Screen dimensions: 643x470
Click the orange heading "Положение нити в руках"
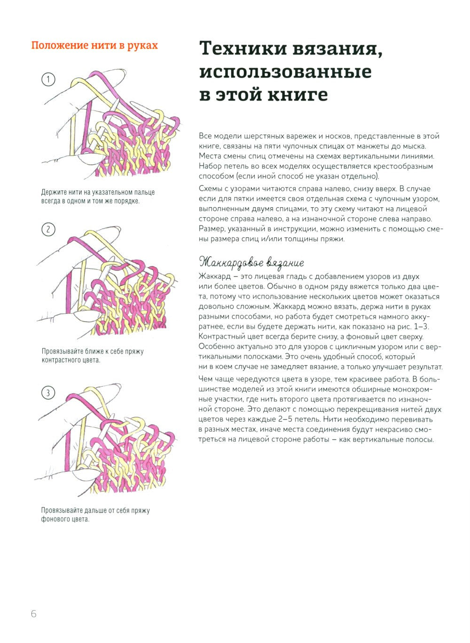[94, 46]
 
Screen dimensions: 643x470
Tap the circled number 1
[48, 79]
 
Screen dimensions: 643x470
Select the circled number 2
[48, 229]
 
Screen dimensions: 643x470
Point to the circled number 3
[48, 392]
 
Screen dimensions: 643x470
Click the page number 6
[33, 614]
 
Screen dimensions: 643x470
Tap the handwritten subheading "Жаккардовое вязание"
[251, 262]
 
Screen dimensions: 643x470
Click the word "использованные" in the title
[285, 71]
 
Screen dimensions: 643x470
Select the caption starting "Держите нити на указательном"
[98, 196]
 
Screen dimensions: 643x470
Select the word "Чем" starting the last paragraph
[206, 379]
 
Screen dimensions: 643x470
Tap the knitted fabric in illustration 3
[136, 465]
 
